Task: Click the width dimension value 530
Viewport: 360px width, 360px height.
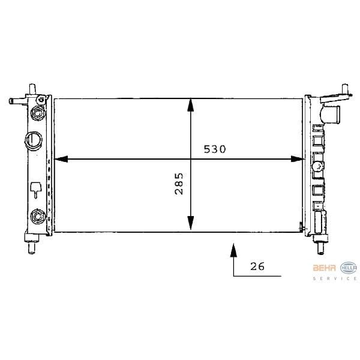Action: coord(214,149)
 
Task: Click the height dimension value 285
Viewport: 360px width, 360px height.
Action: coord(179,184)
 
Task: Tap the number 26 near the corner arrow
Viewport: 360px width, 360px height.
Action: coord(257,266)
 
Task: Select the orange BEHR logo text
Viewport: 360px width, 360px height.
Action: coord(325,267)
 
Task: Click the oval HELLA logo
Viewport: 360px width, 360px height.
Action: coord(348,267)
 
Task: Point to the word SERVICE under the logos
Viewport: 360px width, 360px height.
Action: coord(335,278)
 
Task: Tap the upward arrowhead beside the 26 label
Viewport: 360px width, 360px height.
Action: coord(233,248)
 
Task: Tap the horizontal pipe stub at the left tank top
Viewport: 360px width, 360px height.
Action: coord(14,101)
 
